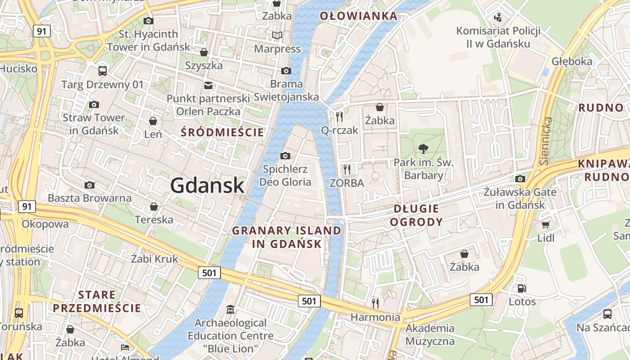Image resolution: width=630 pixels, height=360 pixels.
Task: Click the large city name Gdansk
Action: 207,185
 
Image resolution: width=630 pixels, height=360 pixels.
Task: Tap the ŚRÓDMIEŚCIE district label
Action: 222,132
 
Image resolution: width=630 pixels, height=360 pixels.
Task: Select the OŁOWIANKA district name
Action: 359,17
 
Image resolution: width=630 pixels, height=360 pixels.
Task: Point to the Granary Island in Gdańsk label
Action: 287,237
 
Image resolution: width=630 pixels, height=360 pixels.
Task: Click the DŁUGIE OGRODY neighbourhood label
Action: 416,215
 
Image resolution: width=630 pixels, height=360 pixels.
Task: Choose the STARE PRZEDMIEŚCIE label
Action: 97,301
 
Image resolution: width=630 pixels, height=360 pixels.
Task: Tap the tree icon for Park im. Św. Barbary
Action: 423,148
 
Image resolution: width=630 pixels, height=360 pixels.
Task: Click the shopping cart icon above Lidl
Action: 546,225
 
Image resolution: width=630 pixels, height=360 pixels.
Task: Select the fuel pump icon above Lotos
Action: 522,288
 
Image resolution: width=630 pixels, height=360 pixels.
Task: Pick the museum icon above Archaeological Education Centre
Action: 230,309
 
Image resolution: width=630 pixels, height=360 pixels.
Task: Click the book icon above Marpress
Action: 277,35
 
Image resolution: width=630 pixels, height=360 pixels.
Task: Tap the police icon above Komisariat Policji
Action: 498,18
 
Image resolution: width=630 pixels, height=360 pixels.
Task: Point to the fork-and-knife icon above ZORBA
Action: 346,169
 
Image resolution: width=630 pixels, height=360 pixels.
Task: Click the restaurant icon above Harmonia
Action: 375,303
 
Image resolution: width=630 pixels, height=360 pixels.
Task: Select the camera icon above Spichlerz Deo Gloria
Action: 285,156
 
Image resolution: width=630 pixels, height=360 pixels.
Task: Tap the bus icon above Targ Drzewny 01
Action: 103,71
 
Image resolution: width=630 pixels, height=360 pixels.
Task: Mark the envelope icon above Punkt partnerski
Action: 208,85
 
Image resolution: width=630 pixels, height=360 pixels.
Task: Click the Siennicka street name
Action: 546,141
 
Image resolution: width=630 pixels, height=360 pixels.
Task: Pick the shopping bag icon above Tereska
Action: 154,207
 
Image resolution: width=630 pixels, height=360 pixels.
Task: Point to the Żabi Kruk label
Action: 155,259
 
